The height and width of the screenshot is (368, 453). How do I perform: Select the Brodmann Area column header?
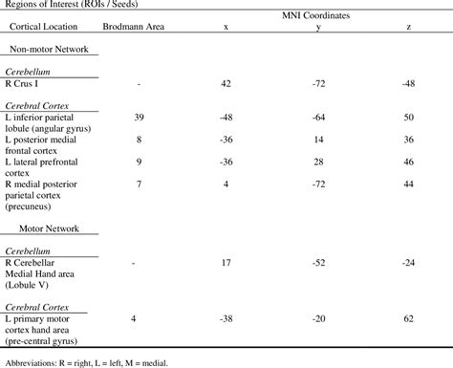click(x=140, y=28)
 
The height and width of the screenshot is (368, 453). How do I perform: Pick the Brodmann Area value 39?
click(x=140, y=116)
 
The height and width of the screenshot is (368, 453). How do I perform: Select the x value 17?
click(x=226, y=261)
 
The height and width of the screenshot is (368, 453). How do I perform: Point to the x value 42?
click(x=226, y=84)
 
